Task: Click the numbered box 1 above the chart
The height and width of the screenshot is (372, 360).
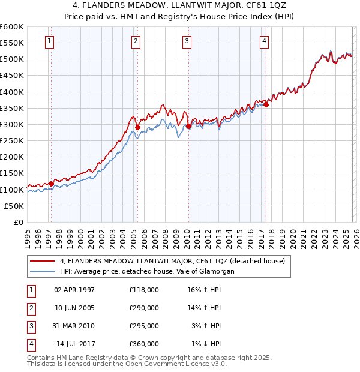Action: [49, 41]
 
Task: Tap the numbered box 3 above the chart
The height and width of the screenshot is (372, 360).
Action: [187, 41]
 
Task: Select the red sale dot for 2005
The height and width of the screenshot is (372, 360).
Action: [137, 127]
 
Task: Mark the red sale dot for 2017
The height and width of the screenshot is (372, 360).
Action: [266, 104]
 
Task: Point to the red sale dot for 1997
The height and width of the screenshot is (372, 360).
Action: [51, 184]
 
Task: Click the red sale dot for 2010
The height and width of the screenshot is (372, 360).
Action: [188, 126]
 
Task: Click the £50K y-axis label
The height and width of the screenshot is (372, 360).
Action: [14, 206]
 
